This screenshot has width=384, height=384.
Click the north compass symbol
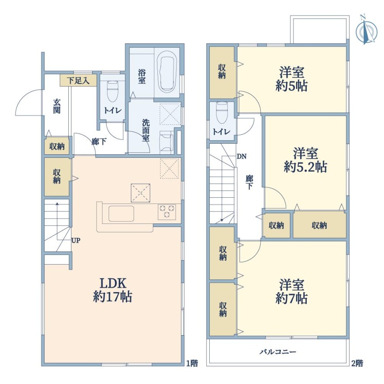pyautogui.click(x=366, y=30)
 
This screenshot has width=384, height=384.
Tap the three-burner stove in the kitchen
pyautogui.click(x=167, y=212)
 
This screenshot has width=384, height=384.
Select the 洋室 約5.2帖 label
pyautogui.click(x=306, y=160)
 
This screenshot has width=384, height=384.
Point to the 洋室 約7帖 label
pyautogui.click(x=291, y=291)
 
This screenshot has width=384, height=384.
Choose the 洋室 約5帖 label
pyautogui.click(x=291, y=79)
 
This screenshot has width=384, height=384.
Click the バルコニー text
pyautogui.click(x=278, y=352)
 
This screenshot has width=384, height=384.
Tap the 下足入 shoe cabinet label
pyautogui.click(x=78, y=81)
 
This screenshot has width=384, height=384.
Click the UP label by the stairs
pyautogui.click(x=76, y=240)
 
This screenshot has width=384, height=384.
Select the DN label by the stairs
pyautogui.click(x=242, y=156)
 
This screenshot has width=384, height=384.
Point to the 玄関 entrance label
pyautogui.click(x=57, y=106)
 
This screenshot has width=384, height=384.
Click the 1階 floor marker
pyautogui.click(x=192, y=363)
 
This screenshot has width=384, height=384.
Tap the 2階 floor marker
pyautogui.click(x=357, y=363)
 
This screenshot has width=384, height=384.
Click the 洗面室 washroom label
pyautogui.click(x=146, y=131)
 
